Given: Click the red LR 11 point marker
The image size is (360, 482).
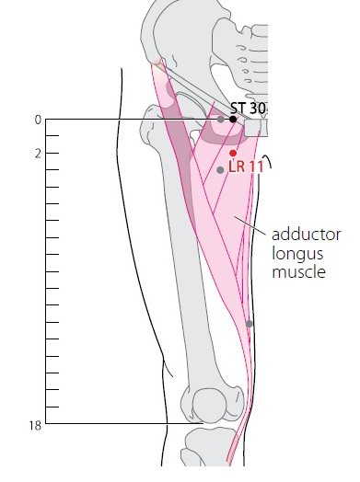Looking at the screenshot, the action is [233, 153].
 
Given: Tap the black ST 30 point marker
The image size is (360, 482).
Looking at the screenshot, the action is [233, 119].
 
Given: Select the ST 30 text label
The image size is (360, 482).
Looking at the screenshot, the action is [248, 109].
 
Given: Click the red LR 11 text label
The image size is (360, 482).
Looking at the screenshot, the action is [246, 166].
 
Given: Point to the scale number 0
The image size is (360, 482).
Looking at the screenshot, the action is [38, 120].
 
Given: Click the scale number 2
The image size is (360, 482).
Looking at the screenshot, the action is [38, 154].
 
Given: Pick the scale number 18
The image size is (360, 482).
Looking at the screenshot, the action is [35, 426].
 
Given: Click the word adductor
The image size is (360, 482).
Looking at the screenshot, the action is [307, 235].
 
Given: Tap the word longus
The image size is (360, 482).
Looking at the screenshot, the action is [297, 255].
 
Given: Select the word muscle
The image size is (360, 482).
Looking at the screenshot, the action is [298, 272].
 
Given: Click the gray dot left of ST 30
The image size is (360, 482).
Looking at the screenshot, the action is [220, 120].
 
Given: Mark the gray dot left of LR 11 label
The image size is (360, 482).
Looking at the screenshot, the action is [220, 169].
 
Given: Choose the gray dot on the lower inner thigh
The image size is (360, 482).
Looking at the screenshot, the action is [250, 324].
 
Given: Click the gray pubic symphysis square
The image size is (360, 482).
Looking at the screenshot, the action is [252, 128].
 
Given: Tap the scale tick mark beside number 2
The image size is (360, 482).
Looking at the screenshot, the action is [52, 153].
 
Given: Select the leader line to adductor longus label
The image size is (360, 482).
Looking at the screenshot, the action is [250, 225].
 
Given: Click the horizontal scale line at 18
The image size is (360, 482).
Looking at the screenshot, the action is [124, 424].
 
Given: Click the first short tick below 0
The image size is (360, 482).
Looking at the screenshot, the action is [52, 135].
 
